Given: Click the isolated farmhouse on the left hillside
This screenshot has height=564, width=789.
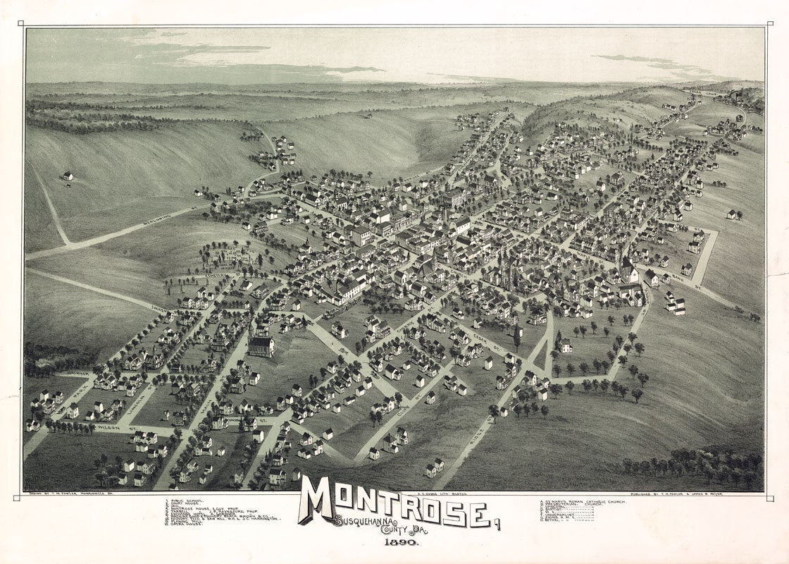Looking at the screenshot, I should [67, 176].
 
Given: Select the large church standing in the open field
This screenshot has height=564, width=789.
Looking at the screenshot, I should [261, 345].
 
